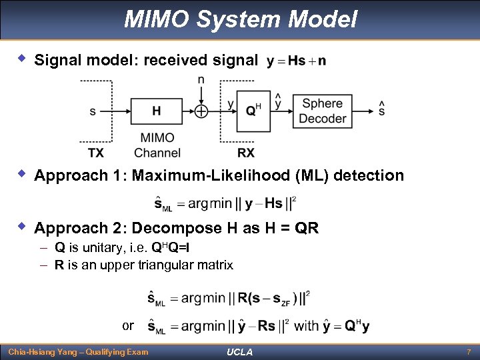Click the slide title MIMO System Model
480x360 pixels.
point(240,19)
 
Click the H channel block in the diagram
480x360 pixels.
point(156,111)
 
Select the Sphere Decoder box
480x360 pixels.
point(323,111)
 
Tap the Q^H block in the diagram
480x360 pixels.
point(253,111)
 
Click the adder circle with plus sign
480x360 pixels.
point(201,111)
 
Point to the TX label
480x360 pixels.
point(96,153)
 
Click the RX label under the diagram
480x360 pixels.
point(246,153)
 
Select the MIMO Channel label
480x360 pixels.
point(157,145)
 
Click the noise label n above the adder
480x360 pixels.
point(201,80)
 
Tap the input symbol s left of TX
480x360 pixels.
point(93,111)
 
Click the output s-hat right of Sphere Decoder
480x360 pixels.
point(381,109)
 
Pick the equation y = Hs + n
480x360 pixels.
point(296,61)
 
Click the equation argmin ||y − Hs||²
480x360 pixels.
point(225,203)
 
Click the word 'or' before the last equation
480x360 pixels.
point(128,326)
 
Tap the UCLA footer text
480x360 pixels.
point(240,352)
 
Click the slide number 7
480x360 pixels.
point(468,351)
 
